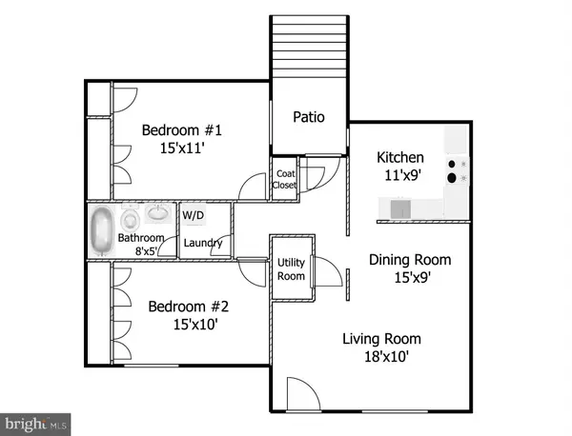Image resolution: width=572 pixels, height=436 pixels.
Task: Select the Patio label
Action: (308, 118)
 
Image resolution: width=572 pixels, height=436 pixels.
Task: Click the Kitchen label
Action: (399, 158)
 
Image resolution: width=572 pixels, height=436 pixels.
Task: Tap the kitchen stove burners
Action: (455, 168)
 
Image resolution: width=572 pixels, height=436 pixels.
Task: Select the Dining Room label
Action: (410, 259)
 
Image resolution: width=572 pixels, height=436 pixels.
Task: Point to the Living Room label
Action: (381, 339)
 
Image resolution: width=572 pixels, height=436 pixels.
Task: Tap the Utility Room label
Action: (291, 269)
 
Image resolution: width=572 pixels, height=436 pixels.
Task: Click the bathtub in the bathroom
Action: (101, 231)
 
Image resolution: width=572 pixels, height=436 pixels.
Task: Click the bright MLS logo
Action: (37, 420)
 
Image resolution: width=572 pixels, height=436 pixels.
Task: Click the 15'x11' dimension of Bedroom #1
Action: (181, 149)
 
